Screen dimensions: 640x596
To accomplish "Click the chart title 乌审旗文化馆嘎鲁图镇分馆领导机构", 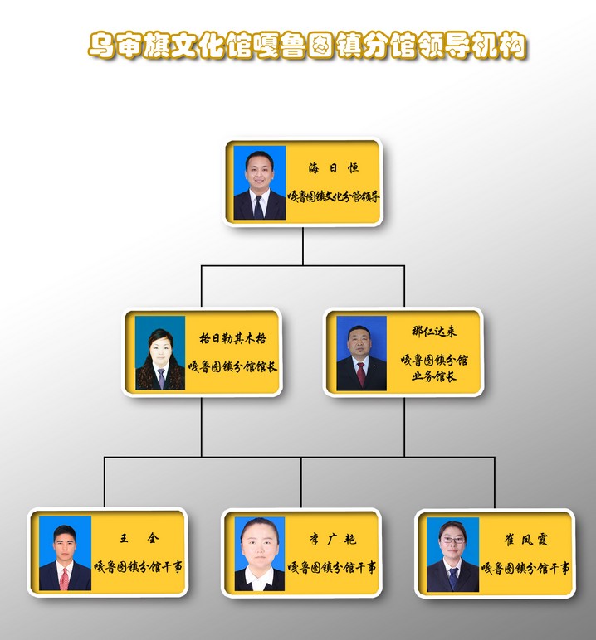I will click(307, 46).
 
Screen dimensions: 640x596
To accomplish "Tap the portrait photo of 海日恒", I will click(259, 183).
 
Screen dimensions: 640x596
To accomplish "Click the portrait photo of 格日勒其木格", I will click(160, 353).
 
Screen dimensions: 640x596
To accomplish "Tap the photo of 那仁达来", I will click(361, 353).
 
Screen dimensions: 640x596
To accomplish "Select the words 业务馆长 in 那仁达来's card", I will click(434, 376).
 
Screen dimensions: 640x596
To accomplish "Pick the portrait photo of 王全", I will click(65, 554).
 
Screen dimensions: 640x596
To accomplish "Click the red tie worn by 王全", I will click(65, 579).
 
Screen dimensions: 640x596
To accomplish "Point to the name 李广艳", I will click(332, 540).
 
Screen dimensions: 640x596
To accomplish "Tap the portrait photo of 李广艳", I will click(259, 554).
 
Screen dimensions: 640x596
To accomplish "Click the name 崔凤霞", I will click(525, 540).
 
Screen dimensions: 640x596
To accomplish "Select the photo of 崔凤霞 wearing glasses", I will click(452, 555).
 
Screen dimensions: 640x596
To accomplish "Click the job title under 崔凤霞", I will click(525, 569).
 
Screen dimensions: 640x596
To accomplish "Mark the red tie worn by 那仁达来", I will click(361, 374).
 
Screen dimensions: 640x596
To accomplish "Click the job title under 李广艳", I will click(332, 568).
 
